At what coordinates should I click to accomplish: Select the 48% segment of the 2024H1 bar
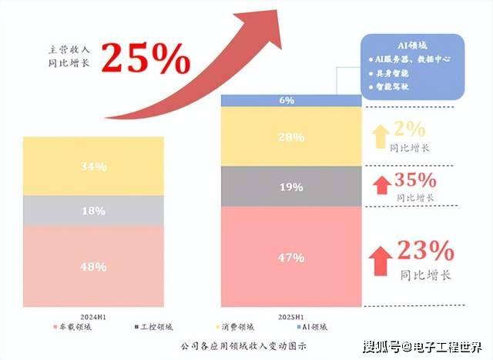point(93,267)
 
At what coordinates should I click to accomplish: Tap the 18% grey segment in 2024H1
point(93,210)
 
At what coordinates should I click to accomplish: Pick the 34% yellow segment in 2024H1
point(93,167)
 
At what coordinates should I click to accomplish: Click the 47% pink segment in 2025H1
point(290,257)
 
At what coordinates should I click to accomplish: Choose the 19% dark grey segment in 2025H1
point(290,186)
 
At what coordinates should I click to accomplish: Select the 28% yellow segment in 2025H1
point(290,136)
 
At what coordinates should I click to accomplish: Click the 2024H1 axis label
point(93,316)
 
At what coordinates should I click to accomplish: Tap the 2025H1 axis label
point(290,316)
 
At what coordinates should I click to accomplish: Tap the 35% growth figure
point(415,182)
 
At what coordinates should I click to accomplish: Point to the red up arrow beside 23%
point(380,259)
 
